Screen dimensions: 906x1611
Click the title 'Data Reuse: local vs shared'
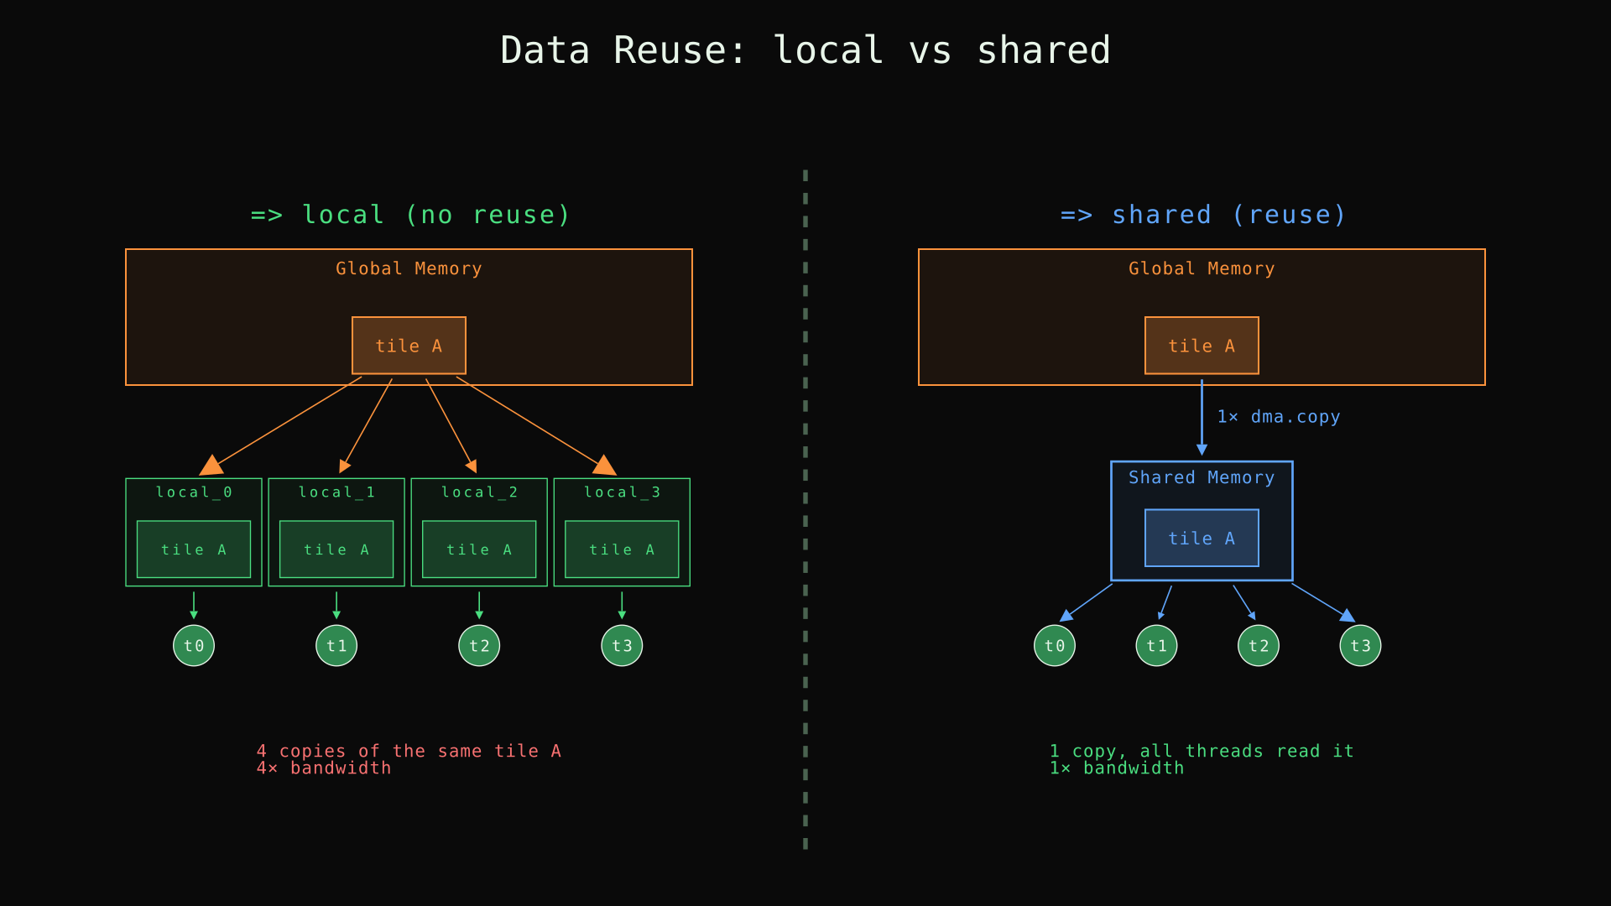click(805, 50)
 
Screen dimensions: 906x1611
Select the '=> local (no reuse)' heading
click(410, 215)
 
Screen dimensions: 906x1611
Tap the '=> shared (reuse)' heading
click(1203, 215)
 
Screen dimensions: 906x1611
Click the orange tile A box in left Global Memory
click(409, 346)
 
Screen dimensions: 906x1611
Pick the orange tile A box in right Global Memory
click(1202, 346)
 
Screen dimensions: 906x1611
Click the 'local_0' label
click(194, 492)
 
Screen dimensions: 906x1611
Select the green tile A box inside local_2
click(479, 549)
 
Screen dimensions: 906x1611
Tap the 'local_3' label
click(622, 492)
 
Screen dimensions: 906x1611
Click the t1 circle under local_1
click(336, 646)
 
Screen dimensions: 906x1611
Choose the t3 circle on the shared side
click(1360, 646)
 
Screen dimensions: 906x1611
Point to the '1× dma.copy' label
click(1279, 417)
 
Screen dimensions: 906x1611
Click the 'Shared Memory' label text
click(1202, 477)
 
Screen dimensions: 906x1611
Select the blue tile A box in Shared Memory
click(1202, 539)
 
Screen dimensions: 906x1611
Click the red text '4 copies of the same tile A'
click(409, 751)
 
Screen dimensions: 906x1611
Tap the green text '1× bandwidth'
click(1117, 768)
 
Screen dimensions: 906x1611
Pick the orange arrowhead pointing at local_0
click(211, 466)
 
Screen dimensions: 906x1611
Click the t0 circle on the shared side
click(1055, 646)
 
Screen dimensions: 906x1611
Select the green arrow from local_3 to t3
click(622, 605)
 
